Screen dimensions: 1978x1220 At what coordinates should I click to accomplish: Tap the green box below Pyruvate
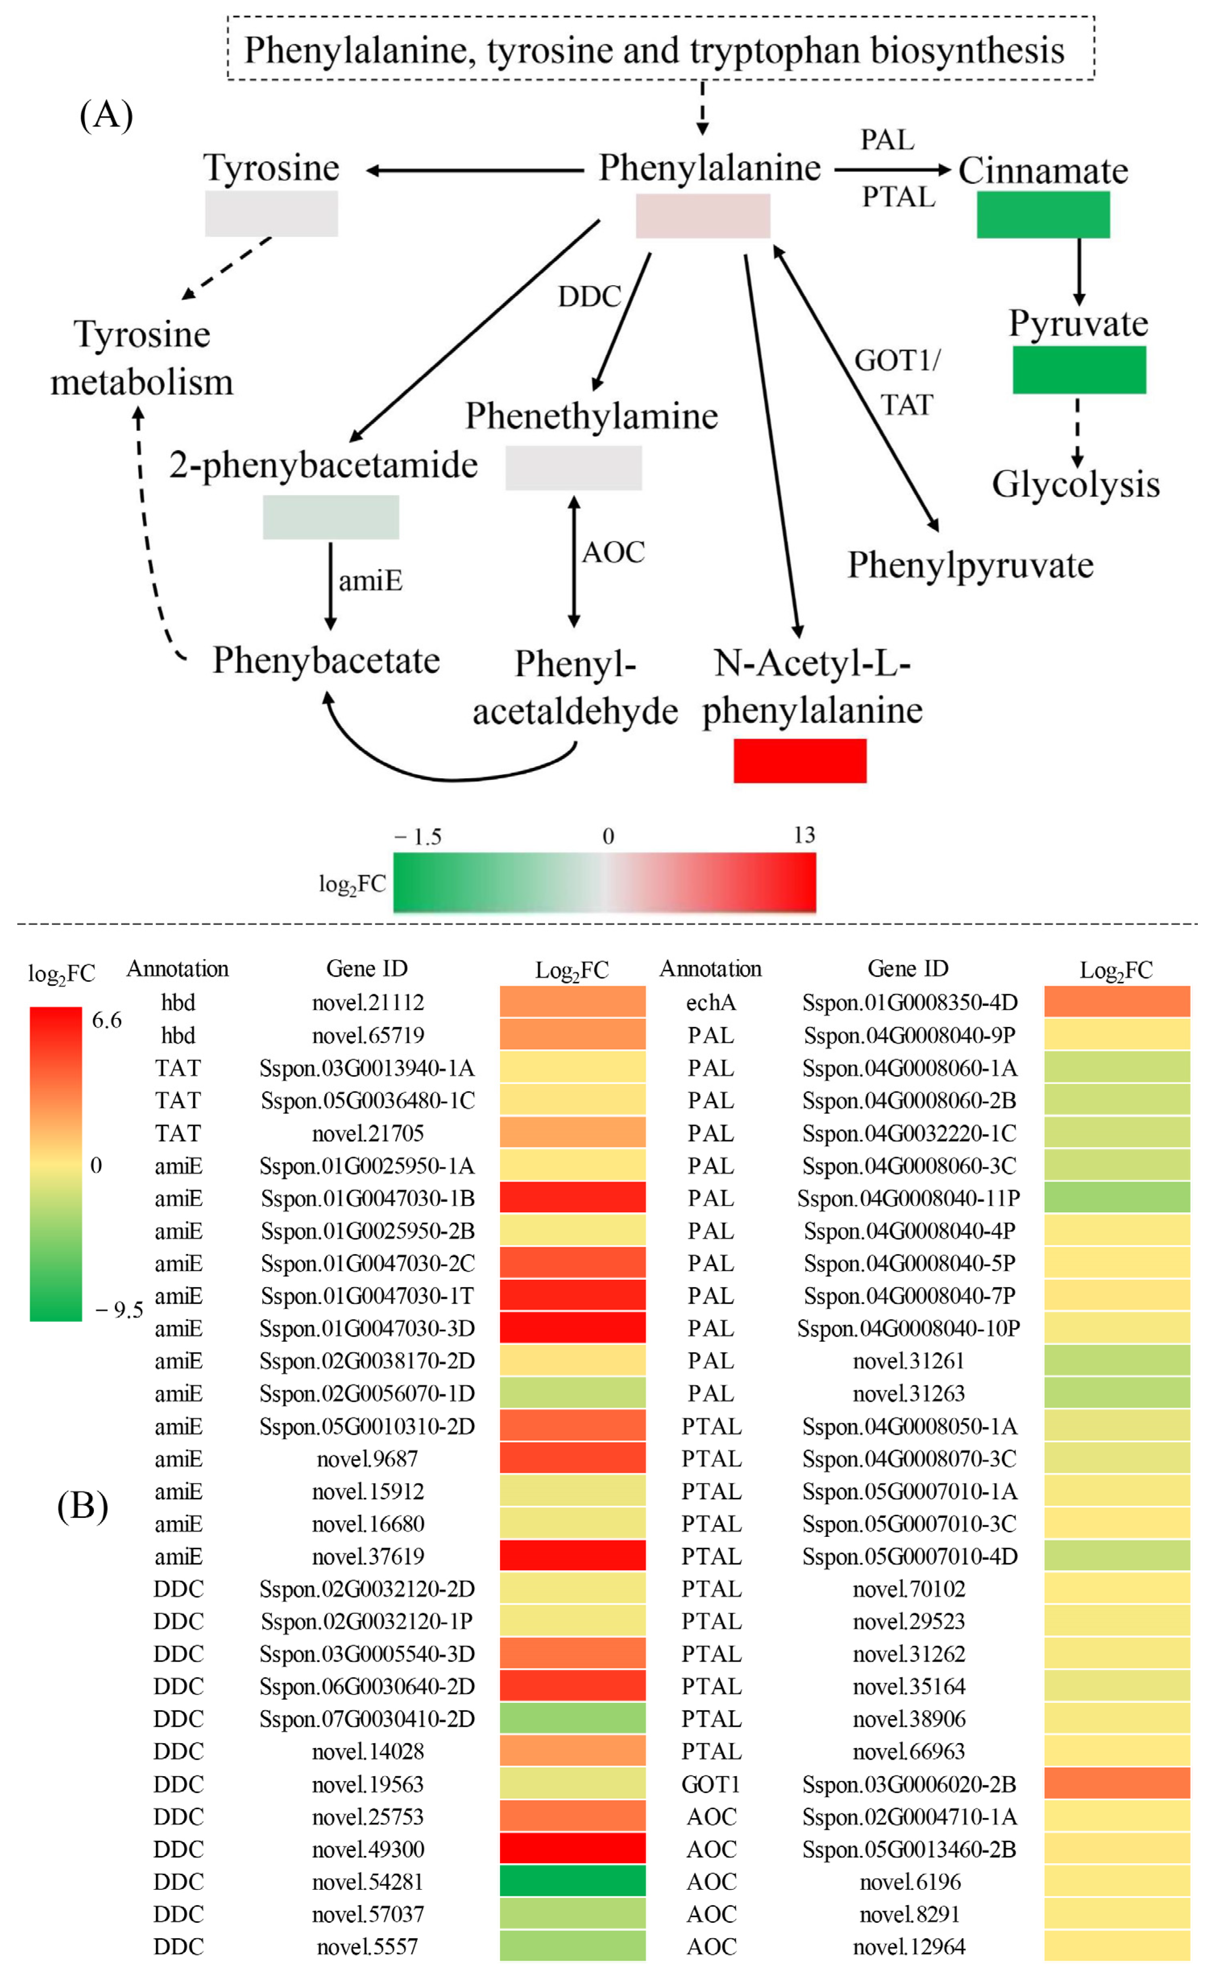coord(1079,369)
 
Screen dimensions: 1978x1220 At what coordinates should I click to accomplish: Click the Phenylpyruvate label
coord(970,565)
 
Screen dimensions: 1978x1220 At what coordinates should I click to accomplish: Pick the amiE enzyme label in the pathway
coord(371,580)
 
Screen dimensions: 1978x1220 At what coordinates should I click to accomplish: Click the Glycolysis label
coord(1075,484)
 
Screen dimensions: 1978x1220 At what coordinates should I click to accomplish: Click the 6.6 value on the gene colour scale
coord(106,1020)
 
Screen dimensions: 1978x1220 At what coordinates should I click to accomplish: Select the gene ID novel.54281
coord(367,1881)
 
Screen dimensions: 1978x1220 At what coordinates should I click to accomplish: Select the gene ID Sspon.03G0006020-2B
coord(909,1783)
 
